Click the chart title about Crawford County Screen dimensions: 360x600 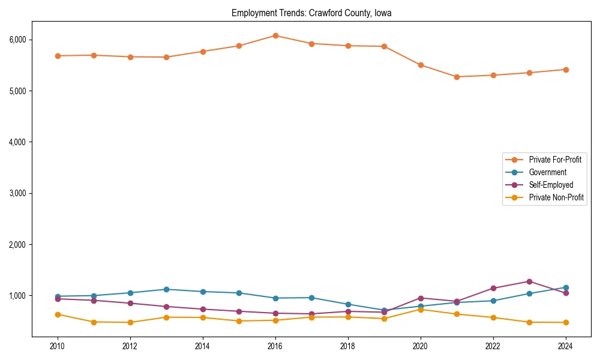point(311,13)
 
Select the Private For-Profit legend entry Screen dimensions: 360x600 point(550,160)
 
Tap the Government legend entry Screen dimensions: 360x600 point(547,172)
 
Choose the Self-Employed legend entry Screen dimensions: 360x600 point(551,185)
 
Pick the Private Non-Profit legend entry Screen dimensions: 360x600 point(556,197)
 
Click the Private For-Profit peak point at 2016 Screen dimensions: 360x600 point(275,35)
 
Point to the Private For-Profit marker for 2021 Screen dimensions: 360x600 point(457,77)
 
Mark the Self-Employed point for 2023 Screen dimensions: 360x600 point(529,281)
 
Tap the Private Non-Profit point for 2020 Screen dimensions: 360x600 point(421,310)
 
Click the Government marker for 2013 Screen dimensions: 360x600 point(166,289)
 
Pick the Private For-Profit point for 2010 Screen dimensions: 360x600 point(58,56)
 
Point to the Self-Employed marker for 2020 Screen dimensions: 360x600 point(421,298)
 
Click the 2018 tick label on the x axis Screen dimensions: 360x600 point(348,346)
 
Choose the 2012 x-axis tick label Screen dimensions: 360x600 point(130,346)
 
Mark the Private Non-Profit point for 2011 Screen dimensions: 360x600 point(94,322)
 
